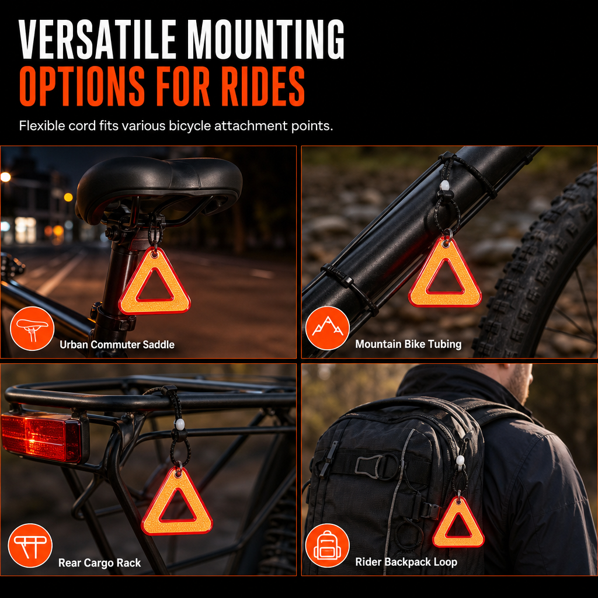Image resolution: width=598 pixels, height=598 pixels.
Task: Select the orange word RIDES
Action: [x=263, y=86]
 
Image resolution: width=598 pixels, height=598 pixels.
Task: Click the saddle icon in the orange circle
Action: [x=32, y=328]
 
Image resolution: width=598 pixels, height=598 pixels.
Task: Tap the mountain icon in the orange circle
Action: [x=327, y=328]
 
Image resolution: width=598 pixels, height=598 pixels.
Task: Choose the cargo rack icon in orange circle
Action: [x=30, y=545]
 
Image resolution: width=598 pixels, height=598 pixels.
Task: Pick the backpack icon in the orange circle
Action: [x=327, y=545]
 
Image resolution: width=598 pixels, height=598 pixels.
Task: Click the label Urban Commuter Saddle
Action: [x=117, y=345]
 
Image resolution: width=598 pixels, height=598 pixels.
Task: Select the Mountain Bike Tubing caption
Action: [x=408, y=345]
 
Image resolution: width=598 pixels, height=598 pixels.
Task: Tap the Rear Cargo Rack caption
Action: [x=99, y=563]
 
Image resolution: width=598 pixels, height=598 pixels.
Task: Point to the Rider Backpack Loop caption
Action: [x=406, y=562]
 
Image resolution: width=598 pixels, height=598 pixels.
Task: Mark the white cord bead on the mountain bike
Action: [x=444, y=186]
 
